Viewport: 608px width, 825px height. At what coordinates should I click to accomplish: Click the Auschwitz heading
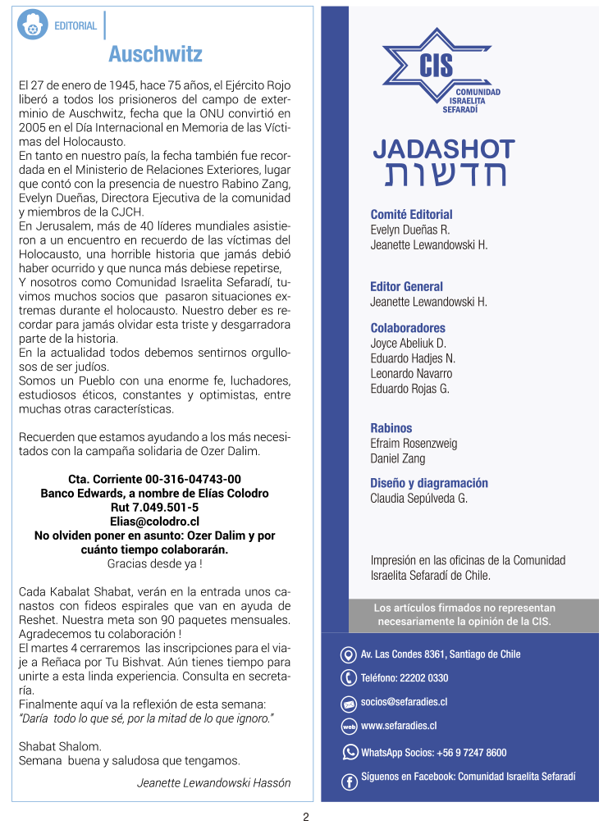(155, 54)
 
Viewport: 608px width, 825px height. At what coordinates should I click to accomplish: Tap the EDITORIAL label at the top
(75, 26)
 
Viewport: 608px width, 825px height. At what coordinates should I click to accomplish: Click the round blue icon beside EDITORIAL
(33, 25)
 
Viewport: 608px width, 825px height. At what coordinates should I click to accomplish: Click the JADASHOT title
(443, 149)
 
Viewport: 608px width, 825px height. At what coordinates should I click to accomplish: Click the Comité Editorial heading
(411, 215)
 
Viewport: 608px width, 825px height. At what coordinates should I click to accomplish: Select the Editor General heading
(406, 286)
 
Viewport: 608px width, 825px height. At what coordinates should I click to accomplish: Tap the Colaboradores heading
(408, 328)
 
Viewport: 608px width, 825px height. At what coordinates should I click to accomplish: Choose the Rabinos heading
(391, 428)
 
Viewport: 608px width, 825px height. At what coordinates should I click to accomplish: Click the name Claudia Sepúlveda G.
(418, 499)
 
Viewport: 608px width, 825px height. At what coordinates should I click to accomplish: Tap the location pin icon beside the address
(348, 654)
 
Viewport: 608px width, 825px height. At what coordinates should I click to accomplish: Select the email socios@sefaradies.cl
(404, 702)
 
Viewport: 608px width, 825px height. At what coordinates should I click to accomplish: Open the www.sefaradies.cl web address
(399, 726)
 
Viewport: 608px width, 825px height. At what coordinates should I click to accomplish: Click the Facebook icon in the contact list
(349, 782)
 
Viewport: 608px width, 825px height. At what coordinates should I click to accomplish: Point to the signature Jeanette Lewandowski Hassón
(213, 782)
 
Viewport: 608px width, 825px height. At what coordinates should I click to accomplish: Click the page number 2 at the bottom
(305, 817)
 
